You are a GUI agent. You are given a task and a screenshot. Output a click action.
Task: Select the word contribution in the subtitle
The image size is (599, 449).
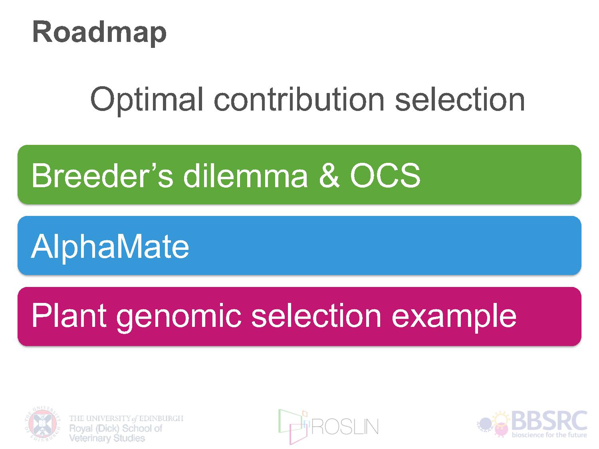coord(299,99)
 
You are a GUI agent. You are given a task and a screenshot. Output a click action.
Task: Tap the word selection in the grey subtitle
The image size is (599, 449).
coord(460,99)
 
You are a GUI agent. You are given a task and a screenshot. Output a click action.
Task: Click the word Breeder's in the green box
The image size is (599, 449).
coord(102,175)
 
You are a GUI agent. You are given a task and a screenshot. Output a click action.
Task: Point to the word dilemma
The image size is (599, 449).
coord(246,175)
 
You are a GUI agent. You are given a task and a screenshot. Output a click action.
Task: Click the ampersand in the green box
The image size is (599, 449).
coord(329,175)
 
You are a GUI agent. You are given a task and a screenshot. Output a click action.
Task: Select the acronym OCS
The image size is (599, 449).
coord(385,175)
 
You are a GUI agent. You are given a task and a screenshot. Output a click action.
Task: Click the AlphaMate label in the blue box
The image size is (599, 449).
coord(110,247)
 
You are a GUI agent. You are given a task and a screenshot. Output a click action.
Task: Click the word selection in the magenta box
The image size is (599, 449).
coord(316,316)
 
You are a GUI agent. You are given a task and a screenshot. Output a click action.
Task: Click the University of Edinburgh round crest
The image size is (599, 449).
coord(43,424)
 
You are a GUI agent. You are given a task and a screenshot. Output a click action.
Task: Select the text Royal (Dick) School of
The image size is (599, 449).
coord(116,429)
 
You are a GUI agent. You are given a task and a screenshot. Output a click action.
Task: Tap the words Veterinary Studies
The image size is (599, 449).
coord(107,438)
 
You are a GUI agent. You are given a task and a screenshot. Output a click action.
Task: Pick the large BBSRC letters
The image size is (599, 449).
coord(549,421)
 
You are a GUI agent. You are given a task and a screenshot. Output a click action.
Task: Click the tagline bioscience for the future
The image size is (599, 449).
coord(549,435)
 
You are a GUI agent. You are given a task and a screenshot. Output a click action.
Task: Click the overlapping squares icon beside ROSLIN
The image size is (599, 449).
coord(294,426)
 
